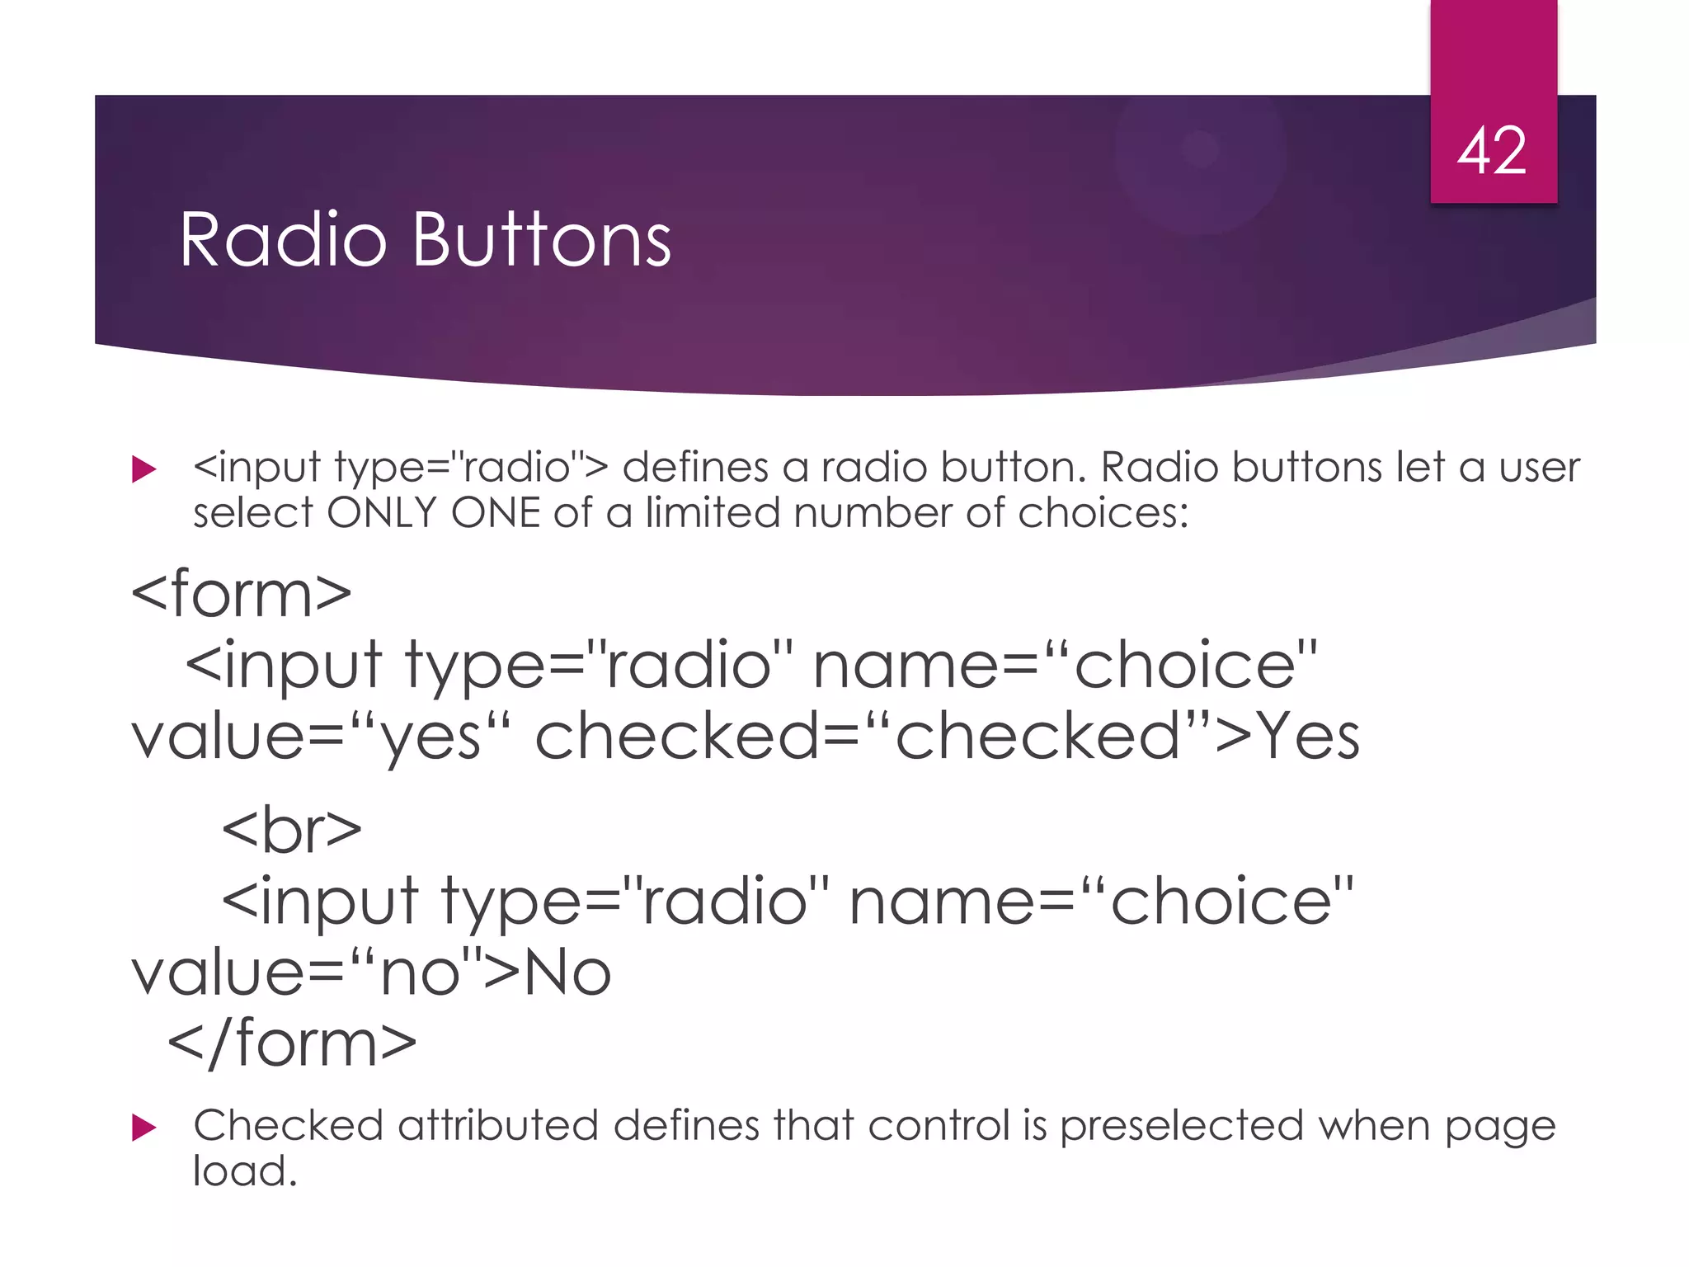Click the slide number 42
(x=1492, y=152)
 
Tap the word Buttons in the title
(x=541, y=240)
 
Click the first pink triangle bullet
(x=143, y=470)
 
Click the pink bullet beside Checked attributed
(x=143, y=1128)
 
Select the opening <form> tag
(x=241, y=594)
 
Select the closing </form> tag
(x=292, y=1044)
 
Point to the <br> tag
(x=291, y=831)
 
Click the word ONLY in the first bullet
(x=381, y=513)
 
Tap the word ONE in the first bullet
(x=495, y=513)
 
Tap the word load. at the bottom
(x=244, y=1171)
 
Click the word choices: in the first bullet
(x=1103, y=513)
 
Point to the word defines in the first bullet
(x=695, y=468)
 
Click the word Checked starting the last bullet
(x=288, y=1126)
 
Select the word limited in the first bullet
(x=712, y=513)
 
